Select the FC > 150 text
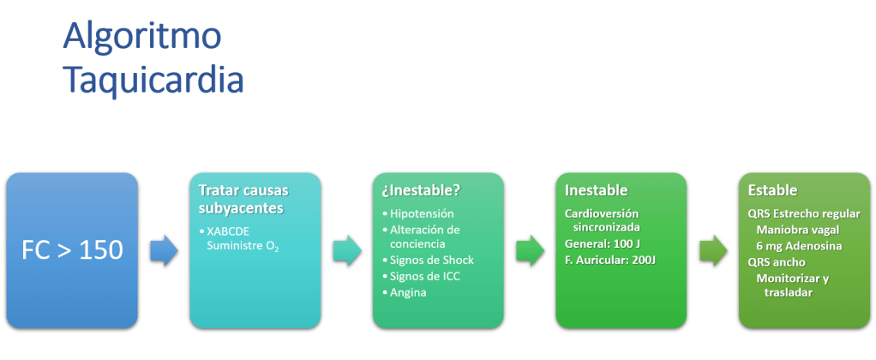click(x=72, y=250)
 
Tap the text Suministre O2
click(x=242, y=247)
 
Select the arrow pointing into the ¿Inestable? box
click(x=346, y=250)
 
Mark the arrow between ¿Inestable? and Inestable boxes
click(x=530, y=250)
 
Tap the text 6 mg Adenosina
click(x=799, y=246)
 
